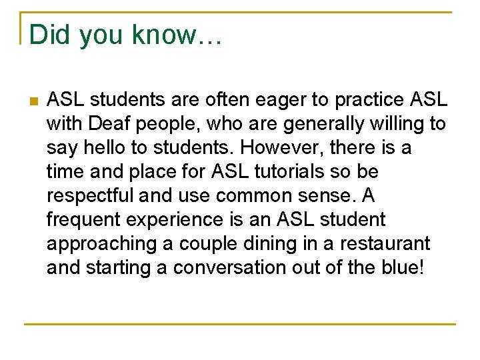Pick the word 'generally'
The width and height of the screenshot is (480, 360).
point(329,124)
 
